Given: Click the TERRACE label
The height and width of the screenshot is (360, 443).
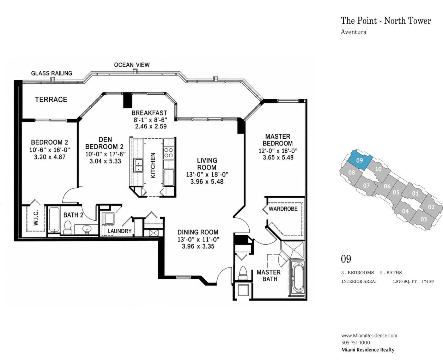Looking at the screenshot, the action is pos(51,100).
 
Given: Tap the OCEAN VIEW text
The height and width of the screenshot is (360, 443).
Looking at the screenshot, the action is pos(132,65).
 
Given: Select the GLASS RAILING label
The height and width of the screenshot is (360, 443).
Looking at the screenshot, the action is pos(51,73).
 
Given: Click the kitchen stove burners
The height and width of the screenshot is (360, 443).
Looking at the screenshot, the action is pos(169,152).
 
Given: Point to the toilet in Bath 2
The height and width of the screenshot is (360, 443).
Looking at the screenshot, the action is pos(68,227).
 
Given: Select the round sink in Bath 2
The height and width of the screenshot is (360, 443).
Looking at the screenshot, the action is pos(86,229).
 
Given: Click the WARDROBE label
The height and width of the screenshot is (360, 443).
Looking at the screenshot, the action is pos(283,209).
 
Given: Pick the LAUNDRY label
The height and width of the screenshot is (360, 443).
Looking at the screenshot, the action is pos(120,231).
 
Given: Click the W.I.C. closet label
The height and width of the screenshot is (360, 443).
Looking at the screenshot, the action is pos(36,218).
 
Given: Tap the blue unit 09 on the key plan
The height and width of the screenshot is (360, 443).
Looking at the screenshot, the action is pos(359,160).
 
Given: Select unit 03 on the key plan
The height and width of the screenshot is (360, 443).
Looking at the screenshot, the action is pos(424,219).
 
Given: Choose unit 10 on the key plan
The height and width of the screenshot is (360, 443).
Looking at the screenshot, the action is pos(378,169).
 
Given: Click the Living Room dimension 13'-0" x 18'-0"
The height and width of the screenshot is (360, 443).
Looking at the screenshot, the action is pos(207,174).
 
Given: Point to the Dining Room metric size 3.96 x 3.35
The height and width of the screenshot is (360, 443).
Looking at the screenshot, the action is pos(198,246).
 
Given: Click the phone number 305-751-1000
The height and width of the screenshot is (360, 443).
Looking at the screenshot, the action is pos(356,342).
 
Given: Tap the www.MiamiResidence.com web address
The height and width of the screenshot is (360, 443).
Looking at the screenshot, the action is pos(369,335).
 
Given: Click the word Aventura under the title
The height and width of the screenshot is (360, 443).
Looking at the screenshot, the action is pos(353,32).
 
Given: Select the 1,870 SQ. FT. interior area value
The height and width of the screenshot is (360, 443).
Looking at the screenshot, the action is pos(405,282).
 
